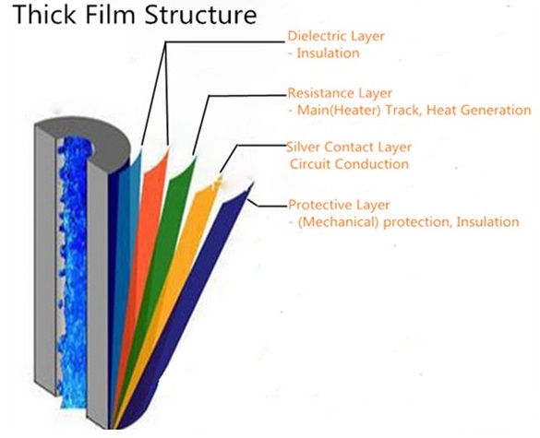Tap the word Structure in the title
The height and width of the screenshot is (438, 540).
click(x=200, y=15)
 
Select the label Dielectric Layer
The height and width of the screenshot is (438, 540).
click(x=336, y=36)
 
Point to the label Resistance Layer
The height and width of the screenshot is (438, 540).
click(x=340, y=93)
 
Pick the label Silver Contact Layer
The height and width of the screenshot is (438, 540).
click(x=349, y=147)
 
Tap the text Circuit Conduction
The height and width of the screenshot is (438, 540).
click(x=349, y=164)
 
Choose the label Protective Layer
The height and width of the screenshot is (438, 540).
click(x=339, y=205)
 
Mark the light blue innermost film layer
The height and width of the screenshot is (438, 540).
click(x=126, y=241)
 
